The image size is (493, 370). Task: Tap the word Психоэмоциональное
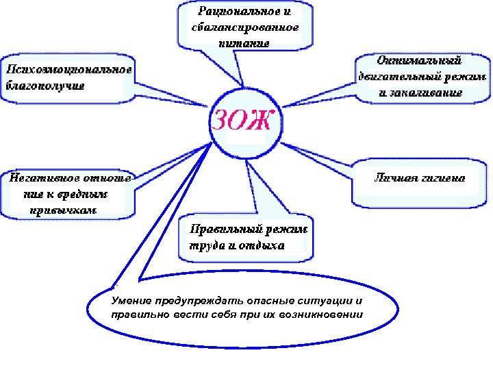coord(68,69)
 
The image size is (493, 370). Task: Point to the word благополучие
coord(46,86)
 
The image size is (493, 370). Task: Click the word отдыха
coord(260,245)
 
